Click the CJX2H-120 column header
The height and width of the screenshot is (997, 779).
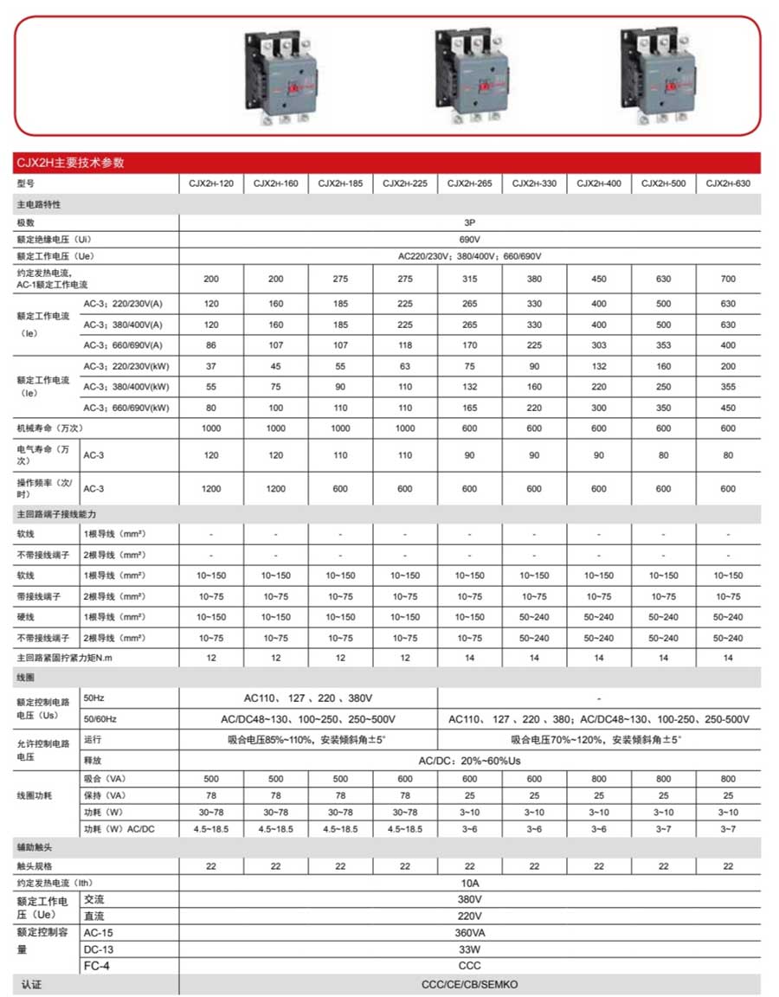211,183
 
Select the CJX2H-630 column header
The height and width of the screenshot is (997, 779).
728,183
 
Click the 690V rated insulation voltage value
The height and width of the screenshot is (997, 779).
469,239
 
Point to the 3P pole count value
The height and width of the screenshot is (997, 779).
469,222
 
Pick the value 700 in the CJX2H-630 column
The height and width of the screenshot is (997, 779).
728,280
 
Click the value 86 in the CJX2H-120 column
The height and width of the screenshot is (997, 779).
211,345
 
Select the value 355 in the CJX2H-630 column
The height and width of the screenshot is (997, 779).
728,387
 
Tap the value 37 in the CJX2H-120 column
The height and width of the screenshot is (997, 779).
211,366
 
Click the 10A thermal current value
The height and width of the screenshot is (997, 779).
469,884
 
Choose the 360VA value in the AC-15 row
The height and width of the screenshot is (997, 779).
469,933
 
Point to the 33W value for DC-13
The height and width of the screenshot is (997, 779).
469,949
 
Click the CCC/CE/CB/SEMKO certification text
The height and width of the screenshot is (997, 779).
469,984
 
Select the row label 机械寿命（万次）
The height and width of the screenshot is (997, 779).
51,428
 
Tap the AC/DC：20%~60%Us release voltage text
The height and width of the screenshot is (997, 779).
469,761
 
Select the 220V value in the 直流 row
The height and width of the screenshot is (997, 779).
469,916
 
